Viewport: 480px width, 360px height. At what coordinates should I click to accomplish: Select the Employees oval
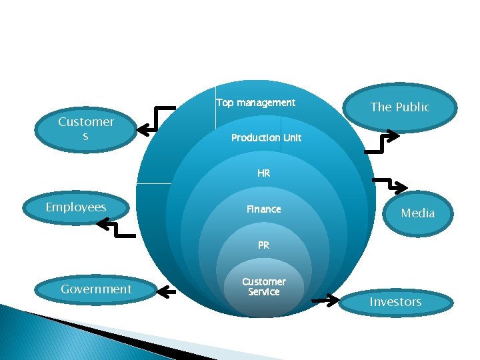pyautogui.click(x=76, y=207)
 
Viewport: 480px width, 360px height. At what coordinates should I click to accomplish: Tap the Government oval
pyautogui.click(x=96, y=289)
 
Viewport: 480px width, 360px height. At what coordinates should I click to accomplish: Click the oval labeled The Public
pyautogui.click(x=400, y=107)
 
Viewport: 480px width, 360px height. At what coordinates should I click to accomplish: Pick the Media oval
pyautogui.click(x=417, y=213)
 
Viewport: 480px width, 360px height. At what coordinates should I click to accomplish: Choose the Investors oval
pyautogui.click(x=395, y=302)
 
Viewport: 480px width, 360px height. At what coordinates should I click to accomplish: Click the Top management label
pyautogui.click(x=255, y=103)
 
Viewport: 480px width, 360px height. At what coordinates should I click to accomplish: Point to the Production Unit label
pyautogui.click(x=266, y=138)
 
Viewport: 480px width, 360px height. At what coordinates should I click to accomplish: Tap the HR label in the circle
pyautogui.click(x=264, y=173)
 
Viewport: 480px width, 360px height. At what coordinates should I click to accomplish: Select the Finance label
pyautogui.click(x=264, y=209)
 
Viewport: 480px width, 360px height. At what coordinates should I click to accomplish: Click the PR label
pyautogui.click(x=264, y=245)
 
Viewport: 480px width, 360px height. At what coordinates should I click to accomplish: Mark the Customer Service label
pyautogui.click(x=264, y=287)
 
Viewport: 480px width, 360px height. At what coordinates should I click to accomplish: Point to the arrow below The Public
pyautogui.click(x=380, y=140)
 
